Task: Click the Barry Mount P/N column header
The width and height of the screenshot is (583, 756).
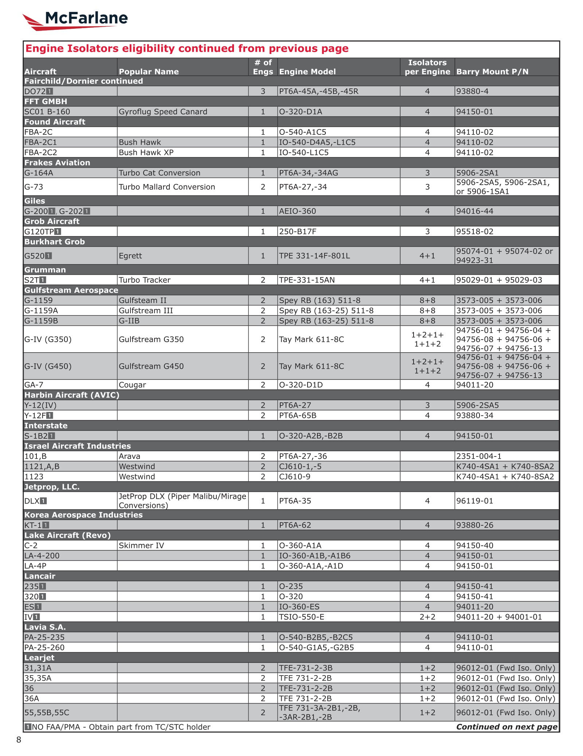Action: pos(492,71)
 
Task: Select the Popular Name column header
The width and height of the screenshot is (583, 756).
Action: pos(149,71)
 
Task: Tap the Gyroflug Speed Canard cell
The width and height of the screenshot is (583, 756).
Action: pos(163,111)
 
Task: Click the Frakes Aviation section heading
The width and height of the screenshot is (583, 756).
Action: pos(57,162)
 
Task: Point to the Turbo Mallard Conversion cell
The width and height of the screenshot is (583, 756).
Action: pos(167,187)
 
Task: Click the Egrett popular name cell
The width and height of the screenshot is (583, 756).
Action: pos(130,256)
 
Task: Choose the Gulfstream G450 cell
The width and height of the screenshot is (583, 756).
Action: pos(151,366)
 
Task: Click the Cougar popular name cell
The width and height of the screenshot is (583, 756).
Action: pos(132,385)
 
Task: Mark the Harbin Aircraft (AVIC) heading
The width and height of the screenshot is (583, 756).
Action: pos(72,395)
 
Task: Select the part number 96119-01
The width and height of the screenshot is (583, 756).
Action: pos(474,501)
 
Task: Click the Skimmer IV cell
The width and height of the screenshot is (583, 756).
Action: pos(141,545)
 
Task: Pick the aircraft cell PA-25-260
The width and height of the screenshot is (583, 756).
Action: pos(44,647)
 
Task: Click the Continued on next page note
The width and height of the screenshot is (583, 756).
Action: pos(506,727)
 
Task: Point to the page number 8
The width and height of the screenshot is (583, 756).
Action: pos(19,740)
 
